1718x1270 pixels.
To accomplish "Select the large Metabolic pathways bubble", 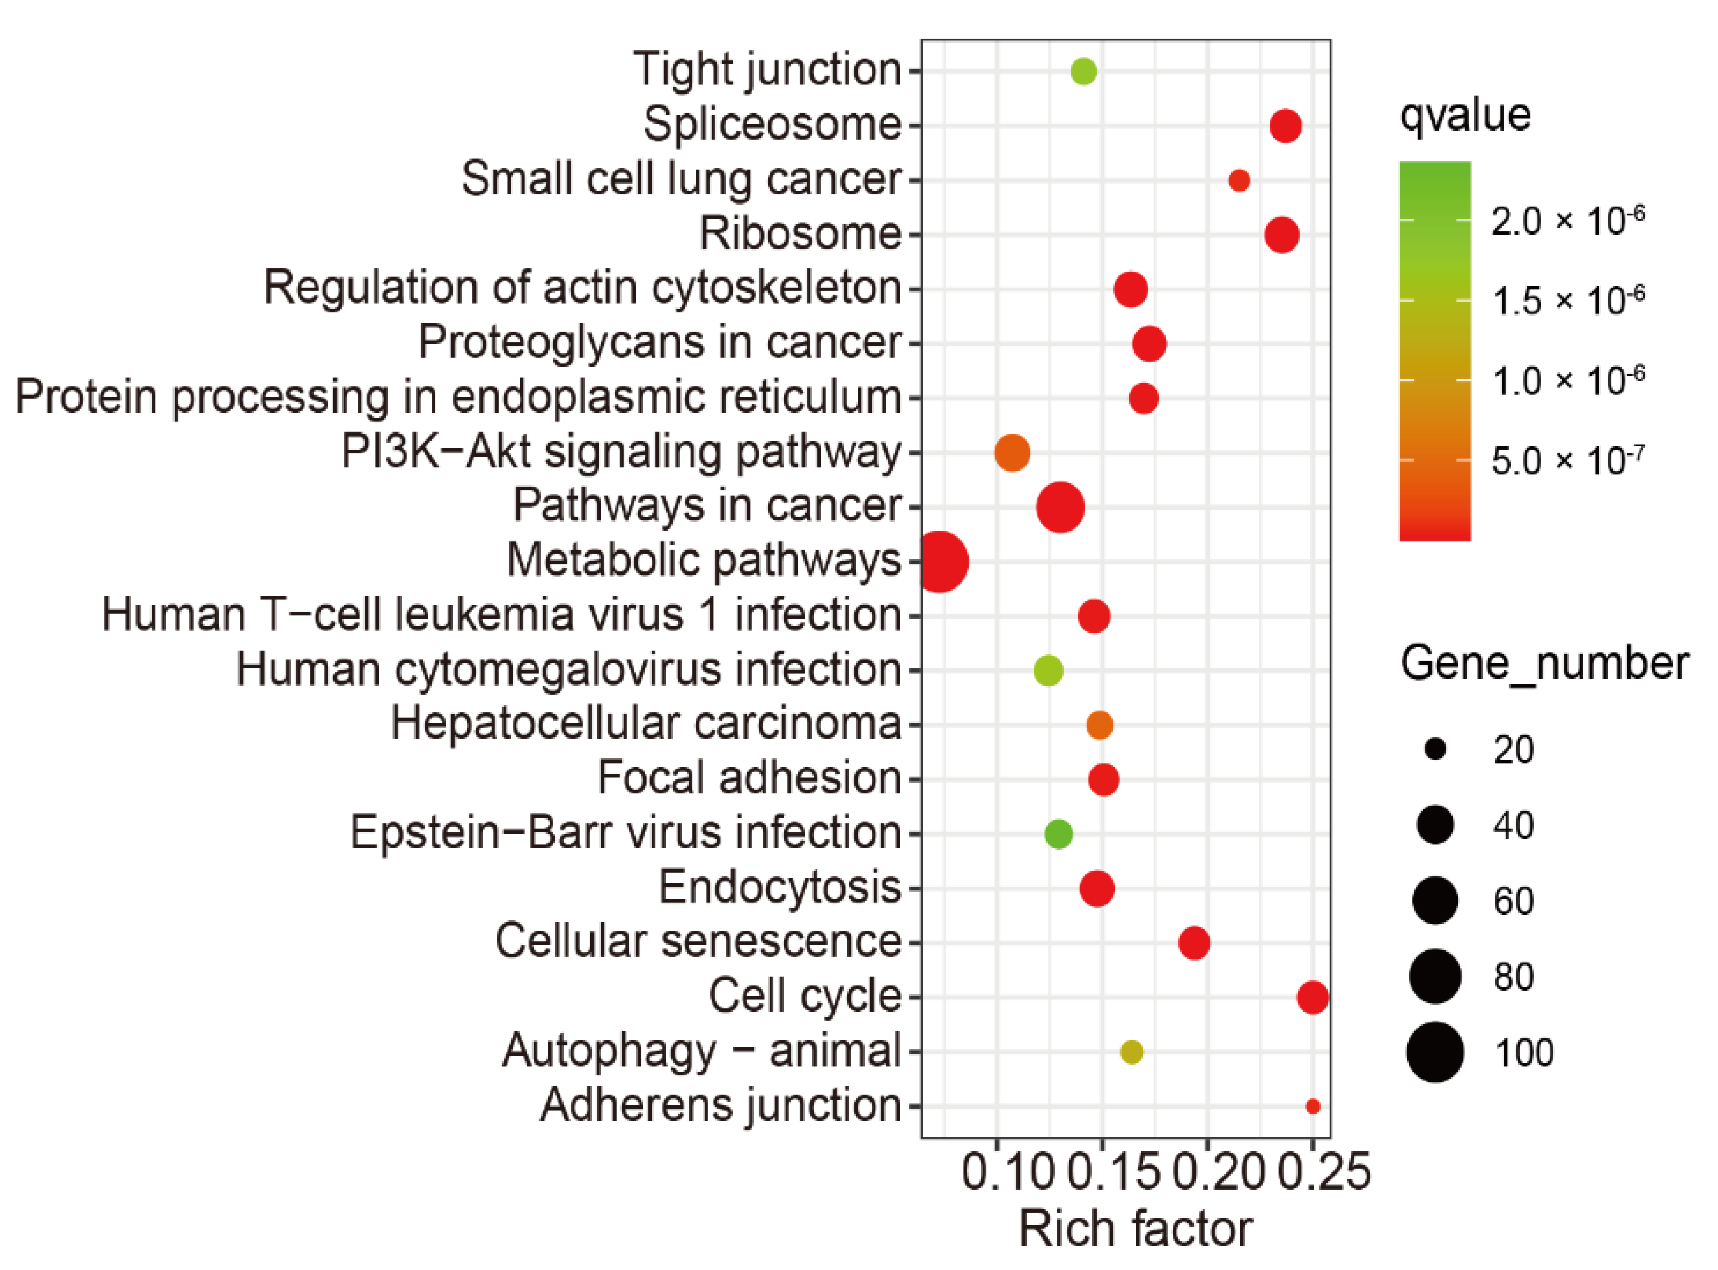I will (x=940, y=562).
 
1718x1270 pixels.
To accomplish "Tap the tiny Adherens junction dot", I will (x=1312, y=1106).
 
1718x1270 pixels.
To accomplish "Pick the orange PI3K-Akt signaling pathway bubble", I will (x=1012, y=453).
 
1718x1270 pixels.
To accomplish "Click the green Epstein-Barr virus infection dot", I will (x=1058, y=834).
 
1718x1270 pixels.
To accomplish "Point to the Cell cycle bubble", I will (x=1312, y=997).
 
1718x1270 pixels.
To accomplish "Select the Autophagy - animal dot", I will (x=1131, y=1051).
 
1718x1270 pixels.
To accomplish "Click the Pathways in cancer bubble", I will (x=1061, y=508).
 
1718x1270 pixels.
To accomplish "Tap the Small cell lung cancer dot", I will (x=1239, y=181).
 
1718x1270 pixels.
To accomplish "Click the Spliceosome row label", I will (x=771, y=124).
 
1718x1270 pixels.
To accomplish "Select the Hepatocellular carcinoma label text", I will (x=645, y=723).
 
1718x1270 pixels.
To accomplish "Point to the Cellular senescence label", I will (x=698, y=941).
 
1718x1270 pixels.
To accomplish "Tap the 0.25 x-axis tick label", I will (x=1324, y=1172).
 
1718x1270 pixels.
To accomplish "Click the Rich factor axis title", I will (x=1135, y=1229).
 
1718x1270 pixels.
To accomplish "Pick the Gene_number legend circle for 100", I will (x=1435, y=1052).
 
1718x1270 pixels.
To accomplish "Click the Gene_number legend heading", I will (x=1544, y=663).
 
